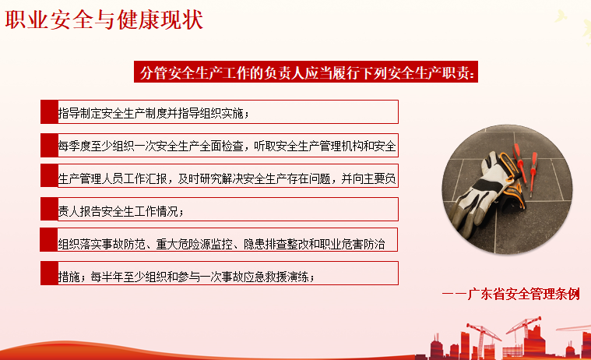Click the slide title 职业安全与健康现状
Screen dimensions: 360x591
coord(104,19)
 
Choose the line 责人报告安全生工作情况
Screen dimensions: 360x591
coord(120,211)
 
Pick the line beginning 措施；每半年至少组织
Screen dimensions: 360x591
coord(187,275)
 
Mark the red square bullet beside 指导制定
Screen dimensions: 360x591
coord(49,112)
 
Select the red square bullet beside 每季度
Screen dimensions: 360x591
coord(49,145)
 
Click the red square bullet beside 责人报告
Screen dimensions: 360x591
coord(49,210)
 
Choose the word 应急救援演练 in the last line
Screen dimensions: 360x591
coord(280,275)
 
